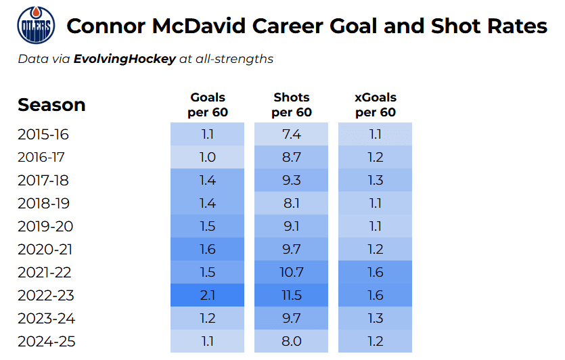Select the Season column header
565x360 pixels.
click(51, 105)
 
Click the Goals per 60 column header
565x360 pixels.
click(208, 105)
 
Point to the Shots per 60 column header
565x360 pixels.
click(292, 105)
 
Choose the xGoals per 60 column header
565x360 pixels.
click(376, 105)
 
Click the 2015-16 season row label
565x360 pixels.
click(43, 134)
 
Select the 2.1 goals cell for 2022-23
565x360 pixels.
click(208, 295)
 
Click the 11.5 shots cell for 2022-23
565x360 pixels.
click(292, 295)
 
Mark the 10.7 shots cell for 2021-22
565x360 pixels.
click(292, 272)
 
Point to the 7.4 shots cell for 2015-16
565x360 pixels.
click(292, 134)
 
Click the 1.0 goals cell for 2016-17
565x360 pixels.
click(208, 157)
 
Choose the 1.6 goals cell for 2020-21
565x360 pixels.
click(208, 249)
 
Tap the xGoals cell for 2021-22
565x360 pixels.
click(376, 272)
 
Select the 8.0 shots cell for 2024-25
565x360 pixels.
click(292, 341)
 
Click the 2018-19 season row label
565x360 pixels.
click(43, 203)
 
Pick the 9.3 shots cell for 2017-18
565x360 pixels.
click(292, 180)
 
